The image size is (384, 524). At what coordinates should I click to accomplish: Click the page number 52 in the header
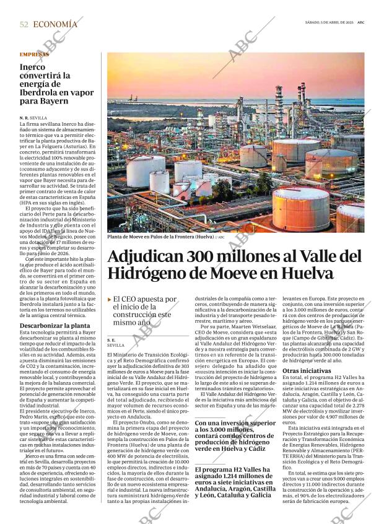click(24, 24)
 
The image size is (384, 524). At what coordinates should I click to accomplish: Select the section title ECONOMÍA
click(55, 24)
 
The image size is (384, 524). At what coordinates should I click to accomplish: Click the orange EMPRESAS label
click(34, 55)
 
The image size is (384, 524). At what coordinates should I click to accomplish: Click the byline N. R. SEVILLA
click(33, 118)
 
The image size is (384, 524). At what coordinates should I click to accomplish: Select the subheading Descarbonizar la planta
click(55, 326)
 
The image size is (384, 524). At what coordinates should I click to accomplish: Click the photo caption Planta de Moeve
click(159, 237)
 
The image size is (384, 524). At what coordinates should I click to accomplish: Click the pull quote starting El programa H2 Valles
click(235, 482)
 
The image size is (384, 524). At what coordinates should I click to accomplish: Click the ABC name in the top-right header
click(360, 22)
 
